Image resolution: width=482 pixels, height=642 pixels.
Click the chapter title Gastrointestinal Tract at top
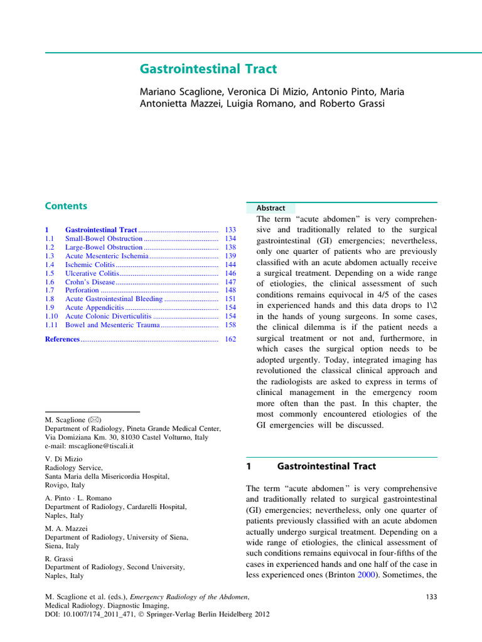208,69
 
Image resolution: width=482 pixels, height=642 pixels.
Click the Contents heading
66,206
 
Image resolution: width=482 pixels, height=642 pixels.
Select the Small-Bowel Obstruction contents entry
104,239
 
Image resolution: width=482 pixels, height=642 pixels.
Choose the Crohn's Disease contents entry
90,282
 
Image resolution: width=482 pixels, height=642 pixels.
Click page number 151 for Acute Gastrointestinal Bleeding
230,299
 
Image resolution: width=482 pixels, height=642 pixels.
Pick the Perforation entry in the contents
82,290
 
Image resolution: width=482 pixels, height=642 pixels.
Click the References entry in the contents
62,339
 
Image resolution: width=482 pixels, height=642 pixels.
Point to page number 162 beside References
230,339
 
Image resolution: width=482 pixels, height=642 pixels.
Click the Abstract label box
270,208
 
